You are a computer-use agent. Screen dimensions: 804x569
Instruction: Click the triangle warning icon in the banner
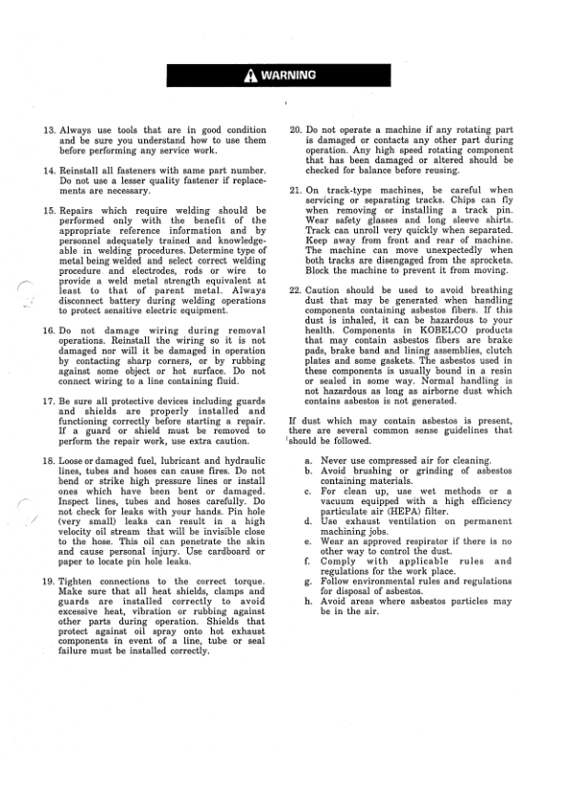click(x=248, y=77)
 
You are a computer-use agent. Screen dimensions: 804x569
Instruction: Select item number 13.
click(x=50, y=130)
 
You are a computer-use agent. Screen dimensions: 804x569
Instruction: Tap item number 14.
click(x=50, y=170)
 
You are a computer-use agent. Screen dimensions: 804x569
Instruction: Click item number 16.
click(x=50, y=330)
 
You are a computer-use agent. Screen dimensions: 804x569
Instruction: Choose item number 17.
click(x=50, y=401)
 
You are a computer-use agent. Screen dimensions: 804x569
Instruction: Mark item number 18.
click(x=50, y=461)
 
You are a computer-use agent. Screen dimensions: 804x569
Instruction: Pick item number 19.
click(x=50, y=582)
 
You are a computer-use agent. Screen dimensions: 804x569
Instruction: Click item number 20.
click(x=295, y=130)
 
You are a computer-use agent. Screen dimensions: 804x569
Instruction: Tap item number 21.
click(x=295, y=190)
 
